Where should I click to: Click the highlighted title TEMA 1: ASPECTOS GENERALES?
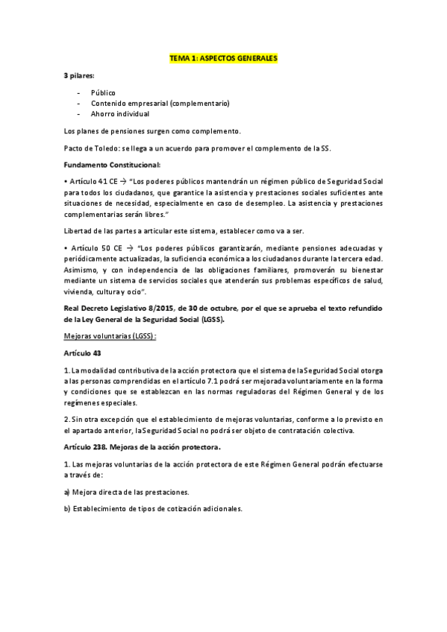(x=223, y=57)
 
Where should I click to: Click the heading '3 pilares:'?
(x=79, y=77)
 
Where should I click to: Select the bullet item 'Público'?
(x=103, y=92)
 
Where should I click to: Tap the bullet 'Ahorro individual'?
(x=120, y=114)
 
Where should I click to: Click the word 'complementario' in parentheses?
(x=200, y=104)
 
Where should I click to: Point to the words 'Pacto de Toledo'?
(x=89, y=148)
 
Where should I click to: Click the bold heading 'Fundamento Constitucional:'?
(x=112, y=164)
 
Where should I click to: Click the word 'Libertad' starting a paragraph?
(x=78, y=230)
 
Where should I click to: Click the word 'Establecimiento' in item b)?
(x=101, y=508)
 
